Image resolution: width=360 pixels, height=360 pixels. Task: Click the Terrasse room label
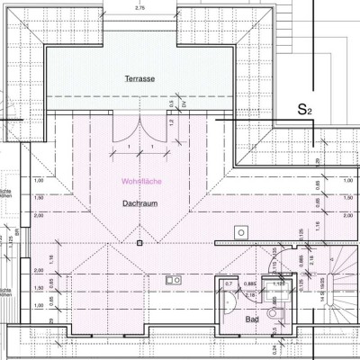pos(141,79)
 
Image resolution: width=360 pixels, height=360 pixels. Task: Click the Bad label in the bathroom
pos(255,319)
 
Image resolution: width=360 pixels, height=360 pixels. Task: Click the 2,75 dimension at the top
pos(139,8)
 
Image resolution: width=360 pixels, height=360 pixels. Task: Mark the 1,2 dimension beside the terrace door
pos(171,121)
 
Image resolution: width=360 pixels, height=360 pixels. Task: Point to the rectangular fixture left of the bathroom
pos(172,279)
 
